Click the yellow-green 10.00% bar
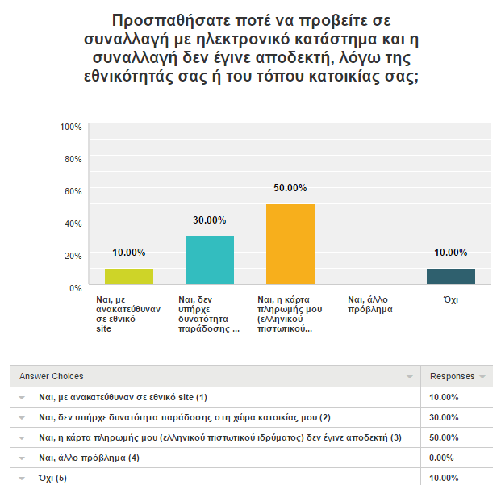point(129,276)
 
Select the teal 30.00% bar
point(210,261)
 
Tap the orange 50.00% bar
point(290,244)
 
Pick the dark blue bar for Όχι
point(451,276)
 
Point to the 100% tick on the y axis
point(71,127)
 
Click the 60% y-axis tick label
point(73,191)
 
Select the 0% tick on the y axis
point(76,288)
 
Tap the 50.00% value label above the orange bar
point(290,188)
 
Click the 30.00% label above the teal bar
point(210,220)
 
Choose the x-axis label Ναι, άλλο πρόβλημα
point(370,304)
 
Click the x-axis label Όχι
point(451,299)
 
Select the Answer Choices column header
point(52,376)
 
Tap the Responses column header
point(453,376)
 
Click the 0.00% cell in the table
point(441,458)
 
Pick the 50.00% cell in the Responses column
point(444,437)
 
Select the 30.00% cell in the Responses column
point(444,417)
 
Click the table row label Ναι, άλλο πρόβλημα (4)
point(89,458)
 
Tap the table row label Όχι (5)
point(52,478)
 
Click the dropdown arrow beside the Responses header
point(482,377)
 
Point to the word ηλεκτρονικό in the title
point(242,39)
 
